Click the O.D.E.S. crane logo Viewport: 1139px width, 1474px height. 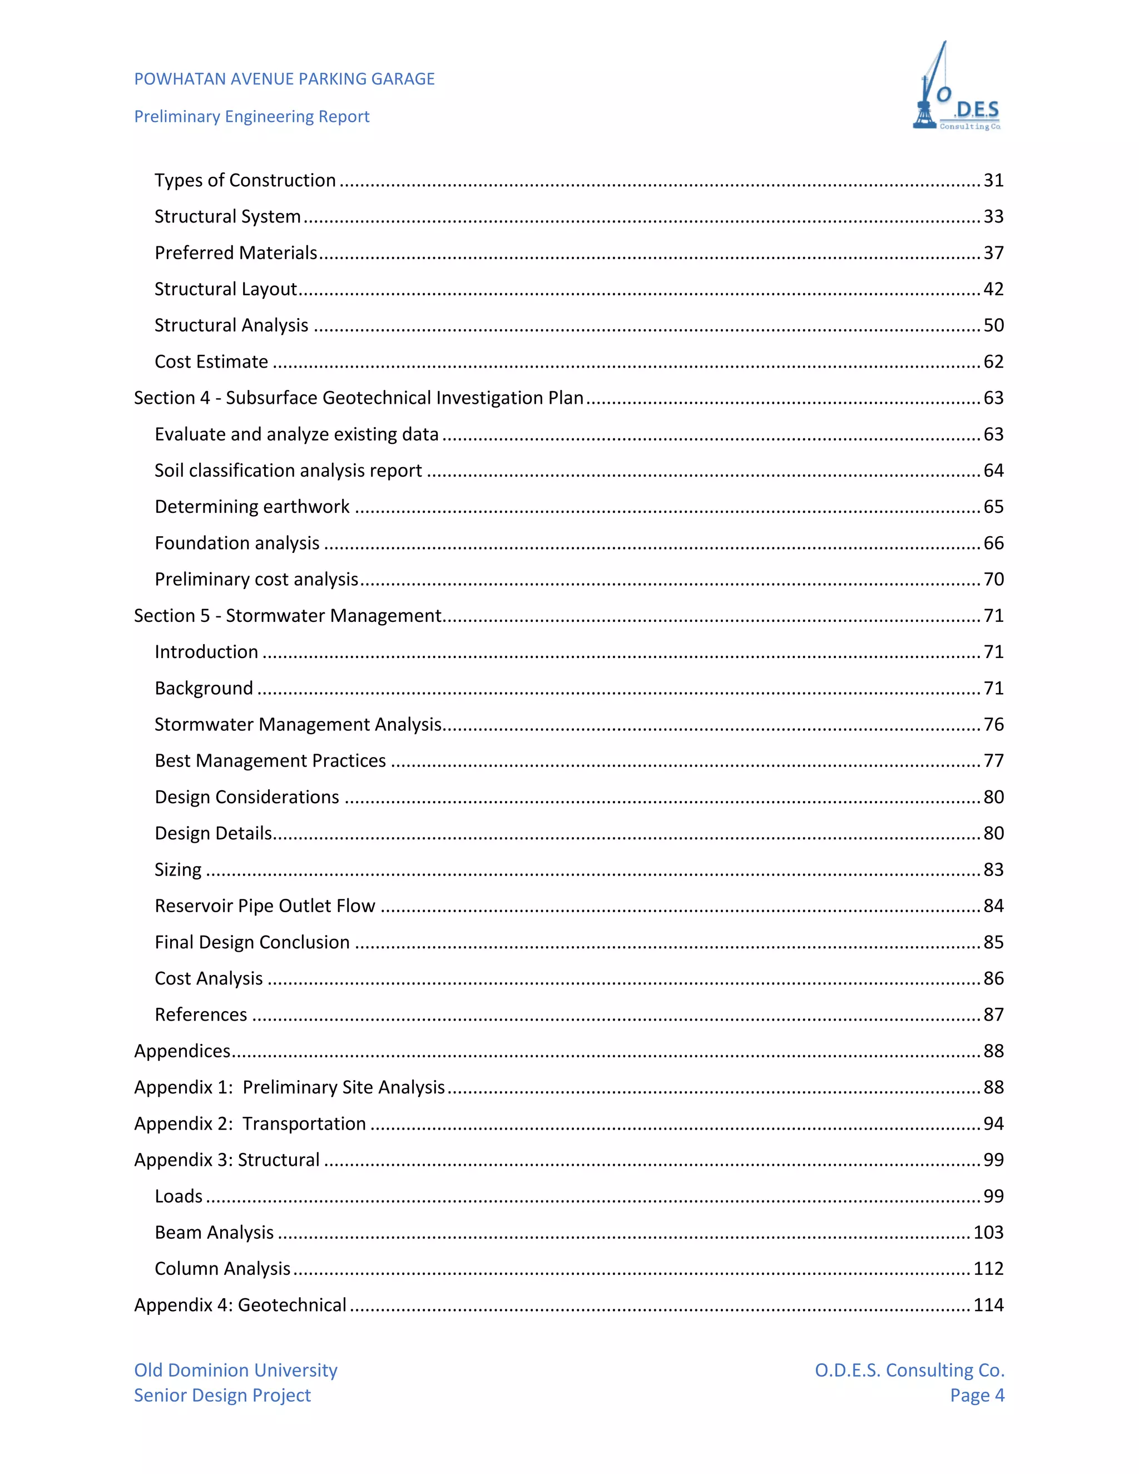[x=957, y=88]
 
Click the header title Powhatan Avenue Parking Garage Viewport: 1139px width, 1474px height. [x=284, y=79]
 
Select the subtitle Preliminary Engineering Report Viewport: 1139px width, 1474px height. [x=252, y=117]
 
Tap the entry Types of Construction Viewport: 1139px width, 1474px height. [x=245, y=180]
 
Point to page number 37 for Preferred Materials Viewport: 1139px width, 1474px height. [x=993, y=253]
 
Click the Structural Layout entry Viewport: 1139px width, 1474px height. [x=225, y=289]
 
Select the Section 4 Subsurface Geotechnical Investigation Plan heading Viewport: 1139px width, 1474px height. [x=358, y=398]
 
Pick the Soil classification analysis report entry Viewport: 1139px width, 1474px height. [x=288, y=471]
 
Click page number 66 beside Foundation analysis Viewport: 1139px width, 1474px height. [x=993, y=543]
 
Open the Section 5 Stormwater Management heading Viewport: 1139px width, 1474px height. [x=288, y=616]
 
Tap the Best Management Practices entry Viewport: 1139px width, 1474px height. [x=270, y=760]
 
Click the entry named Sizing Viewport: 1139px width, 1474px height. [x=178, y=869]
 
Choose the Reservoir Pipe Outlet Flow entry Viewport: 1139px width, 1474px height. [x=265, y=906]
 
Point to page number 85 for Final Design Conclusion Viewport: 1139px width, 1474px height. [x=993, y=942]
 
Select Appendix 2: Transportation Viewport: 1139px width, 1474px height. [x=250, y=1124]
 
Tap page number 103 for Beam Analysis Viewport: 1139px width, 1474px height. [x=988, y=1233]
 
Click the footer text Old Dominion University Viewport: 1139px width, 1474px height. [x=235, y=1370]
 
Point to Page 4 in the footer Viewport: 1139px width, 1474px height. [x=977, y=1395]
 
